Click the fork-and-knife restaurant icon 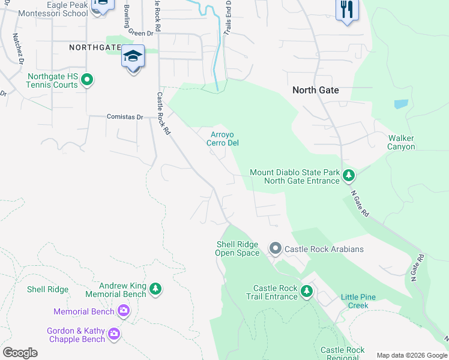pyautogui.click(x=347, y=10)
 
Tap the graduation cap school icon pyautogui.click(x=133, y=57)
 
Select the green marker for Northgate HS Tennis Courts pyautogui.click(x=87, y=79)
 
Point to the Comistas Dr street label pyautogui.click(x=125, y=117)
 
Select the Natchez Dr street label pyautogui.click(x=18, y=48)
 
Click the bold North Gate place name pyautogui.click(x=315, y=90)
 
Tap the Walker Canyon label pyautogui.click(x=400, y=142)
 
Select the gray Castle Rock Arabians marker pyautogui.click(x=276, y=248)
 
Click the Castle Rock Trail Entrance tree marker pyautogui.click(x=307, y=292)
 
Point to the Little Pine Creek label pyautogui.click(x=363, y=301)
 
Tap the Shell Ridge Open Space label pyautogui.click(x=238, y=248)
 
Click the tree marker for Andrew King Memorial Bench pyautogui.click(x=155, y=290)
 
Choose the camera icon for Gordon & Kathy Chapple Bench pyautogui.click(x=114, y=334)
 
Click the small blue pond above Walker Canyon pyautogui.click(x=401, y=103)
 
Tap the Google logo pyautogui.click(x=20, y=353)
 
